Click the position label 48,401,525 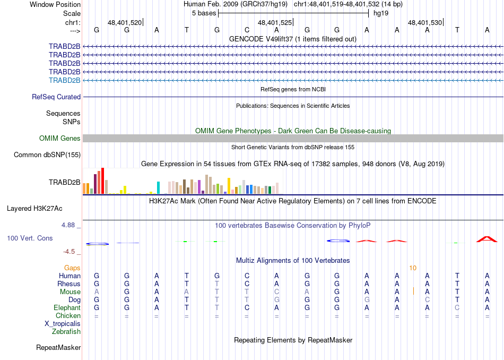[275, 23]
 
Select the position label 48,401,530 [424, 23]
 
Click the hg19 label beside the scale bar [381, 13]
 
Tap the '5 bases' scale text [204, 13]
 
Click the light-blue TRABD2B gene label [64, 80]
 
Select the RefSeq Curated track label [56, 97]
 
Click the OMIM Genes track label [60, 139]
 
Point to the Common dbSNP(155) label [47, 155]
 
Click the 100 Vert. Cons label [30, 238]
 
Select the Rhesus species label [69, 284]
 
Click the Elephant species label [67, 307]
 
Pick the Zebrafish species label [66, 332]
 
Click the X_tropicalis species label [63, 323]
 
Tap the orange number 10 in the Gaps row [413, 268]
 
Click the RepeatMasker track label [58, 348]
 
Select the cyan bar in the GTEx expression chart [158, 187]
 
